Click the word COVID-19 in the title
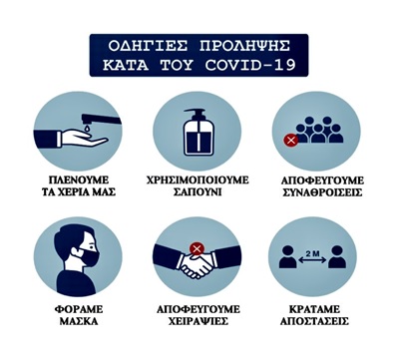pos(250,65)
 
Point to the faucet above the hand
pos(100,119)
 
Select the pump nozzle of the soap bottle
pos(195,114)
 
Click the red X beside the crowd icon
pos(291,141)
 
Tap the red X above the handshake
pos(197,248)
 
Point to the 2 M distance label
pos(312,253)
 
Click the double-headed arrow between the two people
pos(312,261)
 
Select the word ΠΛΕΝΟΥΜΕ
pos(79,180)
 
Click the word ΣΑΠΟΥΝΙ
pos(198,192)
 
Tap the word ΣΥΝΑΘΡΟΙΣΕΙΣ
pos(321,192)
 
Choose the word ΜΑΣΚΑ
pos(79,321)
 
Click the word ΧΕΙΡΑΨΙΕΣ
pos(199,321)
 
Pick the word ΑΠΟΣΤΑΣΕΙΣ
pos(314,321)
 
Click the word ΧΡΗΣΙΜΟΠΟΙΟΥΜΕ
pos(198,180)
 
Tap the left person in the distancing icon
pos(288,257)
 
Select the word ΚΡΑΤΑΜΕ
pos(314,309)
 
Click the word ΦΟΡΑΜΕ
pos(79,309)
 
